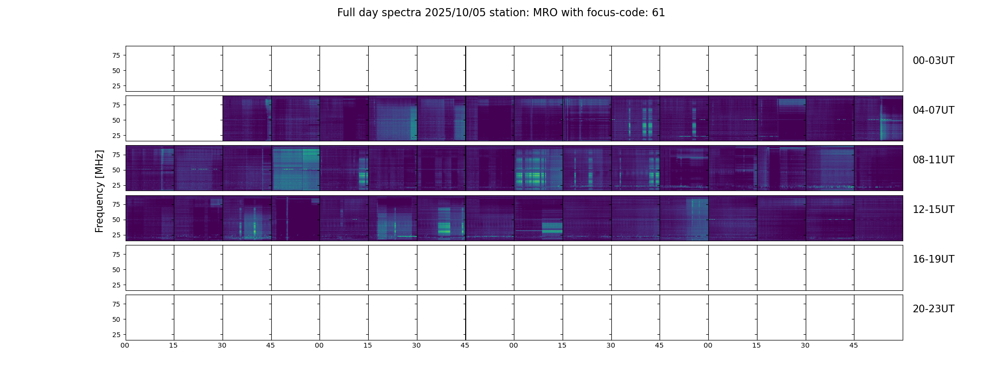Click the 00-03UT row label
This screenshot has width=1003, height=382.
933,61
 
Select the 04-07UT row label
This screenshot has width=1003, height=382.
933,110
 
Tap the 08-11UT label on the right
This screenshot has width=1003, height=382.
933,160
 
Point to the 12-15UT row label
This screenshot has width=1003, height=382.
933,210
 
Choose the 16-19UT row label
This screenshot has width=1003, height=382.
933,259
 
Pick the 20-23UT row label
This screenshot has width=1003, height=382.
933,309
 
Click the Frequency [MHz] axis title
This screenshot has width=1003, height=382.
99,191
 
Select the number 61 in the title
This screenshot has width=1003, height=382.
658,13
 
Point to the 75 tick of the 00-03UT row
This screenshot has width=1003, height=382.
116,55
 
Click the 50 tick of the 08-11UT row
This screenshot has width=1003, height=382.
116,170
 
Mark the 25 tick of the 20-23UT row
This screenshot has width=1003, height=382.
116,335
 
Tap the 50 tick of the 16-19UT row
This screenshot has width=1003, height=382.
116,270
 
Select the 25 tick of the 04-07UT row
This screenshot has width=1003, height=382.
116,136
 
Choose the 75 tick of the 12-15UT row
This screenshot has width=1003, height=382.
116,204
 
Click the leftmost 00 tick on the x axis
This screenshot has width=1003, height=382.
125,345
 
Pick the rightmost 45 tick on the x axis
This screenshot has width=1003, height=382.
854,345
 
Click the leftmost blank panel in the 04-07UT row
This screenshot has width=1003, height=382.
150,118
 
